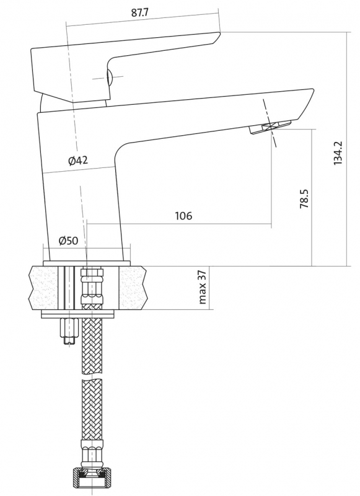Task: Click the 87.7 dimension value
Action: point(139,12)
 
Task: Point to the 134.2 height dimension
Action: point(338,153)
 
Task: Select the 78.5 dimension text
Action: point(304,198)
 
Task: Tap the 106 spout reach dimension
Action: point(183,216)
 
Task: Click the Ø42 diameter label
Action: point(77,161)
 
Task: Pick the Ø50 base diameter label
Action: point(68,241)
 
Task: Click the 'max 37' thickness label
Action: point(203,287)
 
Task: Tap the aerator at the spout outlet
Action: point(270,127)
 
